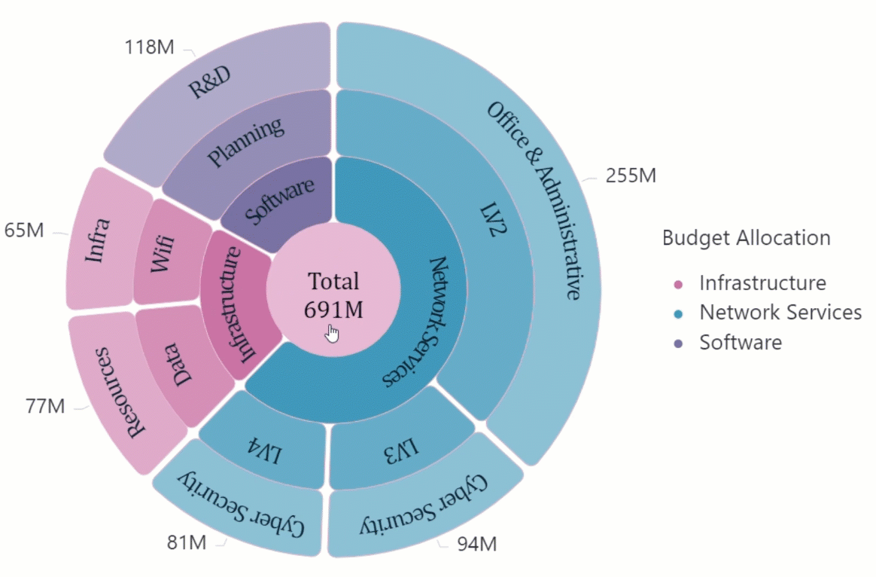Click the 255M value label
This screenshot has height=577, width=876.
tap(631, 176)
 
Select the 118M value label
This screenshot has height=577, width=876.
tap(148, 47)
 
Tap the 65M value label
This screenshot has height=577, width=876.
tap(24, 230)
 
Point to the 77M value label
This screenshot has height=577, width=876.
tap(46, 407)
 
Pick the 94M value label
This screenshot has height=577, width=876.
tap(477, 543)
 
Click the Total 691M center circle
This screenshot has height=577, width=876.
tap(333, 294)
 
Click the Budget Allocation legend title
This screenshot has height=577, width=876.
tap(746, 238)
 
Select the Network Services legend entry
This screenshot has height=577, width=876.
tap(780, 313)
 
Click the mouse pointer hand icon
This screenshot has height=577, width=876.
tap(332, 332)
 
